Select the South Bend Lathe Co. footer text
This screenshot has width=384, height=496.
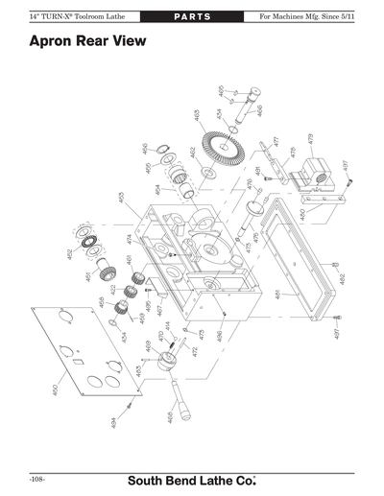(202, 478)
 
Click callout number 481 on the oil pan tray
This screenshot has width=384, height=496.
(277, 295)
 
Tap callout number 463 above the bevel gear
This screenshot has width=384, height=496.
(197, 116)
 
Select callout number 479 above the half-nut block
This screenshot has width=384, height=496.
(310, 140)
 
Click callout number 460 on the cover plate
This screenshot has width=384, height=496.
(55, 390)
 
